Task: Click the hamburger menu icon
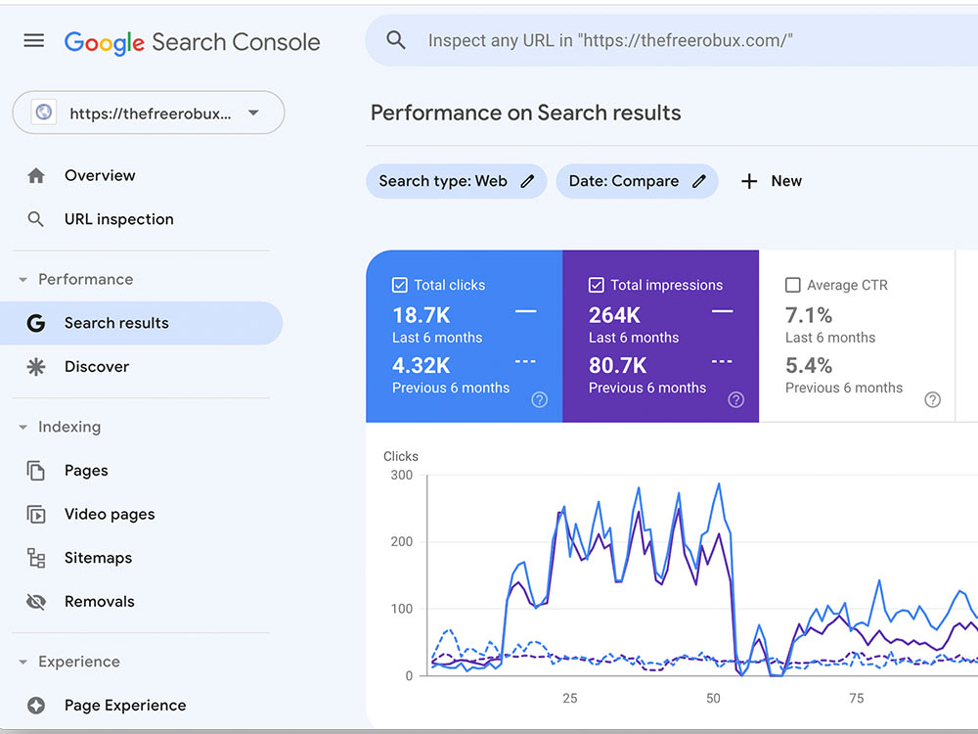click(x=33, y=40)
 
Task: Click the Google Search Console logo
click(x=192, y=42)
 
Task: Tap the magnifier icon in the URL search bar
click(x=396, y=40)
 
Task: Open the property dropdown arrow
click(x=253, y=113)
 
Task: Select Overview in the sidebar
click(x=100, y=175)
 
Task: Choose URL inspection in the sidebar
click(x=119, y=219)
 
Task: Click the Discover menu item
click(x=97, y=366)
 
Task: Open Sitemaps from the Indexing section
click(x=98, y=558)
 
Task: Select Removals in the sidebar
click(x=99, y=601)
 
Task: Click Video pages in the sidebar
click(x=110, y=515)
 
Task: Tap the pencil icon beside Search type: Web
click(x=528, y=181)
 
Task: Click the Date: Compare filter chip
click(x=637, y=181)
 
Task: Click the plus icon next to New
click(x=749, y=181)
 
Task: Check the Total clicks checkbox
click(x=400, y=285)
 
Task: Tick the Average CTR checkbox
click(x=793, y=285)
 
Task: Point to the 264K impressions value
click(x=614, y=315)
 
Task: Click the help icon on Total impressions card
click(x=736, y=399)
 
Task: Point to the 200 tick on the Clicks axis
click(x=402, y=542)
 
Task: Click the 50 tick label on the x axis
click(x=713, y=698)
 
